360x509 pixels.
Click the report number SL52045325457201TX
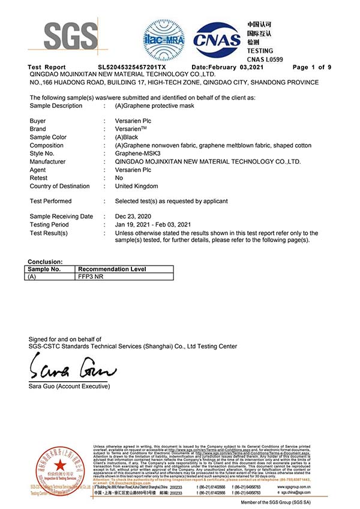(132, 67)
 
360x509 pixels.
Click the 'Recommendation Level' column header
(112, 269)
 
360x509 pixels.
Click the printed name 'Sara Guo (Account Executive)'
(69, 386)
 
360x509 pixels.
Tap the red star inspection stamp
(59, 466)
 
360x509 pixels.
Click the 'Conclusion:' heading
(45, 262)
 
